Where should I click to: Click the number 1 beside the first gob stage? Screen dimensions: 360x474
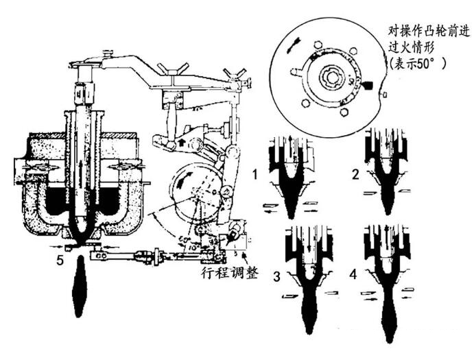click(x=254, y=174)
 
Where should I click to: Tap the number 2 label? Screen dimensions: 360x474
click(x=355, y=174)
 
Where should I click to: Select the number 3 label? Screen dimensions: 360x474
click(x=276, y=278)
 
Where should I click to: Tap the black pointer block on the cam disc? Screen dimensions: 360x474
click(x=369, y=86)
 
